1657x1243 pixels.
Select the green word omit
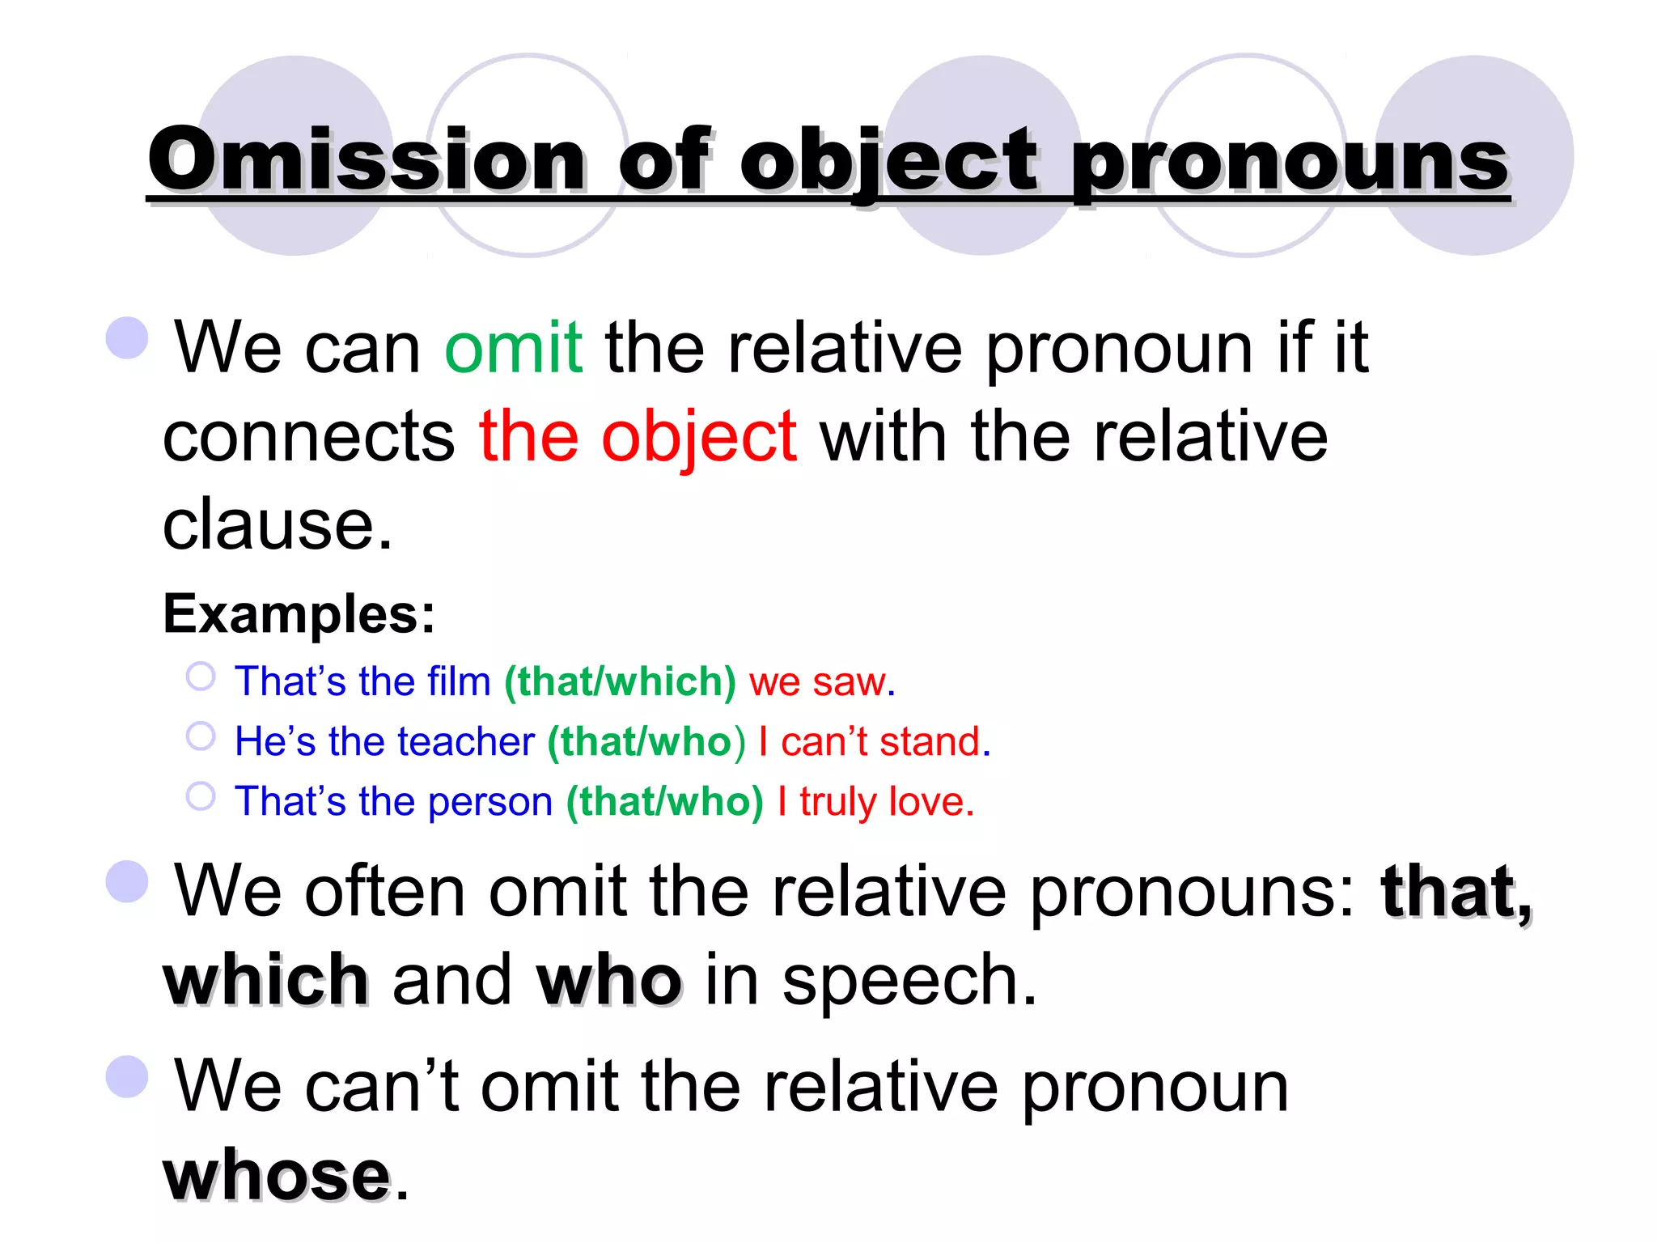pyautogui.click(x=514, y=347)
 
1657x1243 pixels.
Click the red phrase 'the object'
pyautogui.click(x=638, y=436)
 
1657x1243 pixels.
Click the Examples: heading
pyautogui.click(x=299, y=613)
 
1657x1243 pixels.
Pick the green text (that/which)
pyautogui.click(x=620, y=681)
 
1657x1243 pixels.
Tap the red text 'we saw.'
pyautogui.click(x=822, y=681)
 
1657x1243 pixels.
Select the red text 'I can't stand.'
pyautogui.click(x=875, y=741)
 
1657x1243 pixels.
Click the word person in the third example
pyautogui.click(x=490, y=801)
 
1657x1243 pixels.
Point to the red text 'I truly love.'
pyautogui.click(x=875, y=801)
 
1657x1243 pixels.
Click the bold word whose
pyautogui.click(x=277, y=1175)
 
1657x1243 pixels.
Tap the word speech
pyautogui.click(x=909, y=980)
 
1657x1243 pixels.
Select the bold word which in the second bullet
pyautogui.click(x=266, y=980)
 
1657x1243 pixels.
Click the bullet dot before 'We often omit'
pyautogui.click(x=127, y=881)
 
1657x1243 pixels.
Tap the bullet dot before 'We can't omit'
pyautogui.click(x=127, y=1076)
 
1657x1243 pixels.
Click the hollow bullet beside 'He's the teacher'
pyautogui.click(x=201, y=736)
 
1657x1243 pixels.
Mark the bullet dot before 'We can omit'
pyautogui.click(x=127, y=337)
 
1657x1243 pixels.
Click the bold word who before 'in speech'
pyautogui.click(x=608, y=980)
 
